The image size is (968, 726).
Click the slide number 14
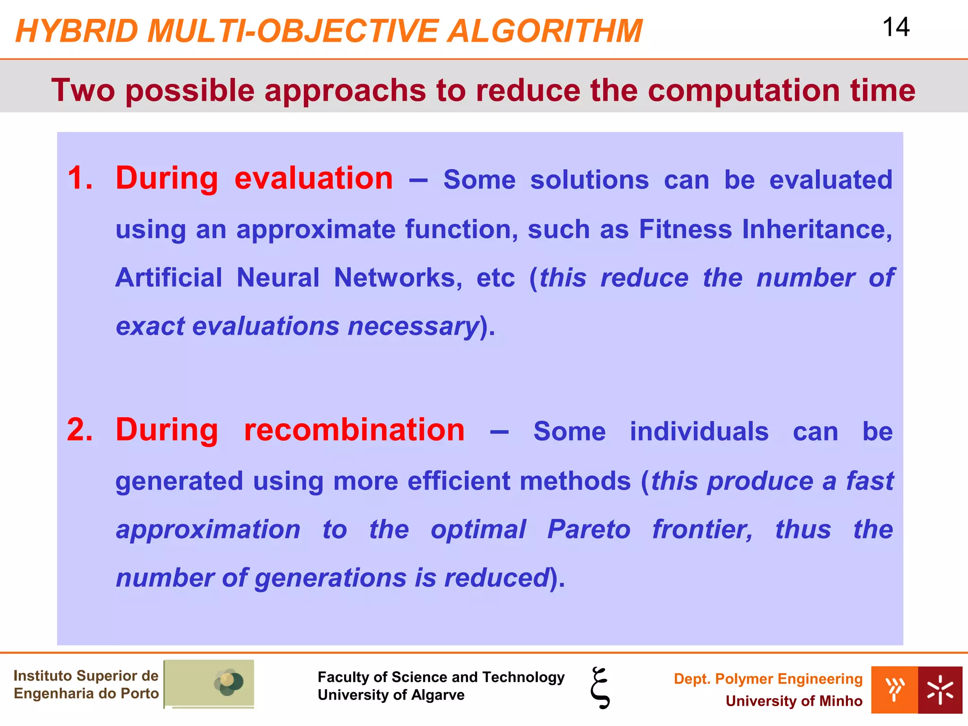point(896,27)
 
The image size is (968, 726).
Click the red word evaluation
point(313,179)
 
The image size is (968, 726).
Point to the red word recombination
point(354,430)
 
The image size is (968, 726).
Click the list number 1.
point(80,179)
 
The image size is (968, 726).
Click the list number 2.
point(80,430)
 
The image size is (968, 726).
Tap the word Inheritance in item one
point(817,229)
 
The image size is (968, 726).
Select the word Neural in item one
point(278,277)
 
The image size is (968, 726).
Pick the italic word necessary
point(414,326)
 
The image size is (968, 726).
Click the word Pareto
point(589,529)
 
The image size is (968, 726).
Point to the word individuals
point(699,432)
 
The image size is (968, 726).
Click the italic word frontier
point(702,529)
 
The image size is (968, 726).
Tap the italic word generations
point(331,578)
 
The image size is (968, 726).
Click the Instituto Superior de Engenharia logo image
point(209,683)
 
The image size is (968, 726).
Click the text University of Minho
point(794,701)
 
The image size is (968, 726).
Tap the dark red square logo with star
point(940,690)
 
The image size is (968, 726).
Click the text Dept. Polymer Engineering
point(768,679)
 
